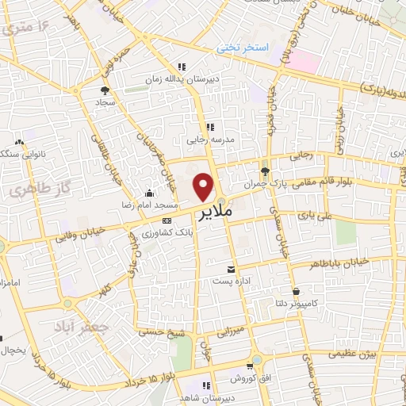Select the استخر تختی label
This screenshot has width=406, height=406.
click(x=243, y=48)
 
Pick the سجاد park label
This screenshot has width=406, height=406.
click(x=106, y=103)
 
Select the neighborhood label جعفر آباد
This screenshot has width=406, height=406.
click(x=77, y=326)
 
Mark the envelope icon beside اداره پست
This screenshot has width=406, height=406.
click(x=231, y=270)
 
